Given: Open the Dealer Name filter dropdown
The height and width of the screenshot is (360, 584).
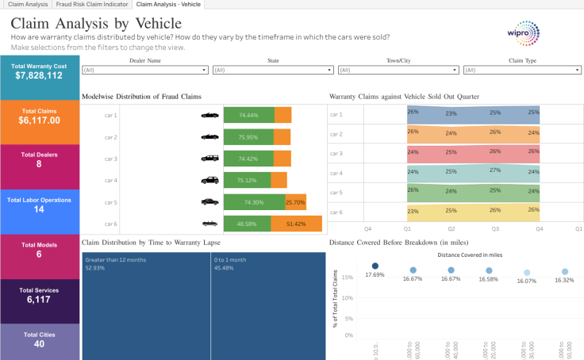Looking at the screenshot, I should (x=145, y=70).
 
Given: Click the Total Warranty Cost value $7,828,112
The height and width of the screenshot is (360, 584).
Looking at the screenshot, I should (x=39, y=75).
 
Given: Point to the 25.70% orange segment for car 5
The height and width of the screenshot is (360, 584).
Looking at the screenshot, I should (x=295, y=202).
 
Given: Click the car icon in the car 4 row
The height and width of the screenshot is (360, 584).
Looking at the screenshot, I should (x=209, y=181).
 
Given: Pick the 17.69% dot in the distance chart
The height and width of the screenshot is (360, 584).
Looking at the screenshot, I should (x=375, y=266).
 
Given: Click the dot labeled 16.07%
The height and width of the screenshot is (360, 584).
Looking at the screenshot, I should (x=527, y=272).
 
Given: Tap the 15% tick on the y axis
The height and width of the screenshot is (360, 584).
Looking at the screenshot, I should (x=349, y=278).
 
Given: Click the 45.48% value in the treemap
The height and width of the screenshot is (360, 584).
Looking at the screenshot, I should (x=223, y=268).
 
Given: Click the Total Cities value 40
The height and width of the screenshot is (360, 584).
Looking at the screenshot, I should (x=39, y=344).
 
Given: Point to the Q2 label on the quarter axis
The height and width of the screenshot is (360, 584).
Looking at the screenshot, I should (x=451, y=228).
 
